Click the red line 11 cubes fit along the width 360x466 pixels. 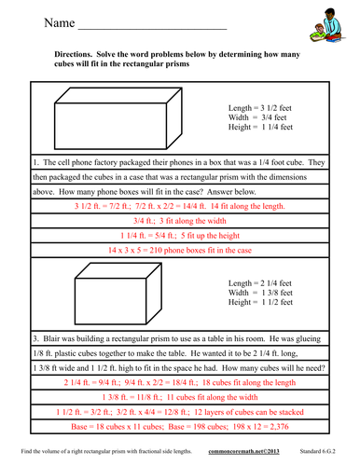[180, 398]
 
